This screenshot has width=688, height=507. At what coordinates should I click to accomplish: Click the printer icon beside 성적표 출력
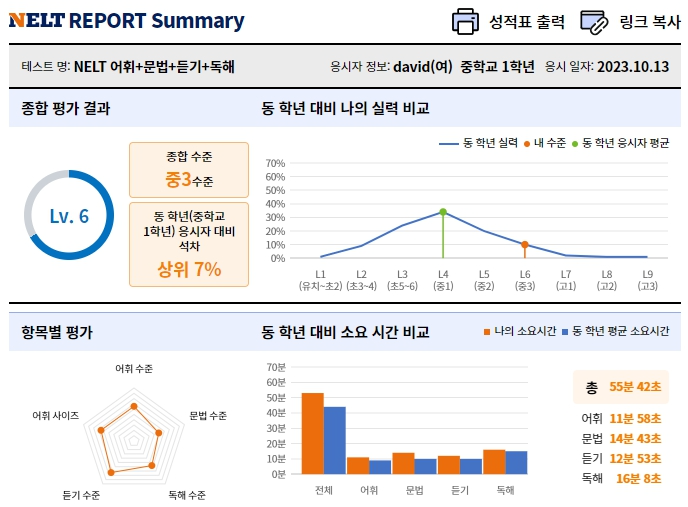465,20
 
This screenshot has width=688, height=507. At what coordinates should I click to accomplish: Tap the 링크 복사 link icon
594,20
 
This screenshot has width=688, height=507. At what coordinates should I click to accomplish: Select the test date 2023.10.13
633,68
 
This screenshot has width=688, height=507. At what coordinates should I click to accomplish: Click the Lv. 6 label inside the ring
69,216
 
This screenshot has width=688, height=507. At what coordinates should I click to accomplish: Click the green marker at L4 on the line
442,211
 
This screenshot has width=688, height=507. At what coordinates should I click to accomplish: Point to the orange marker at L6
524,244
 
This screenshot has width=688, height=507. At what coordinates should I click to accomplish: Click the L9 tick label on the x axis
648,273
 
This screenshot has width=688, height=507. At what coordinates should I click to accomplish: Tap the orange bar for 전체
312,432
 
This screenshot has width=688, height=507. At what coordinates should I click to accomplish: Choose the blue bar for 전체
334,439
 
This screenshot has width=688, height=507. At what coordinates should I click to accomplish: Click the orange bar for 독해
494,461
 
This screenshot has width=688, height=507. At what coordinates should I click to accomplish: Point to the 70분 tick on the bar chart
276,367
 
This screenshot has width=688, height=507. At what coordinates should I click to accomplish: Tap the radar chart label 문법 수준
208,415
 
